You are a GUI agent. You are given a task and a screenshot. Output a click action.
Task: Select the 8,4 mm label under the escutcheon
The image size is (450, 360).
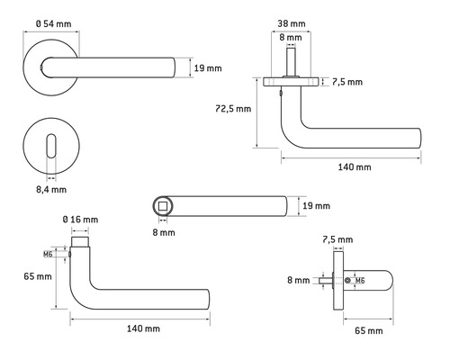pyautogui.click(x=51, y=190)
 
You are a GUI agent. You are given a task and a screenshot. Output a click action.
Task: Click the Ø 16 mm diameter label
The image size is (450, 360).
pyautogui.click(x=79, y=220)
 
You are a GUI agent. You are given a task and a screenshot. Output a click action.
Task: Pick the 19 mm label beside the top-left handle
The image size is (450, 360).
pyautogui.click(x=206, y=65)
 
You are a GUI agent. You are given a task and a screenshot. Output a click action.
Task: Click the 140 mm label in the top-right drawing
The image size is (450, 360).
pyautogui.click(x=355, y=166)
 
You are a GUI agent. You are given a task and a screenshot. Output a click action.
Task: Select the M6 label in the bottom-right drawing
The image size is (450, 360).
pyautogui.click(x=360, y=281)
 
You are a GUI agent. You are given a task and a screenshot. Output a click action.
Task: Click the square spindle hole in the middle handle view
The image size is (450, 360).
pyautogui.click(x=162, y=207)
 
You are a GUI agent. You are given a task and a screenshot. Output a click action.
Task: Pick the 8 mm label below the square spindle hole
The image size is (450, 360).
pyautogui.click(x=162, y=232)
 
